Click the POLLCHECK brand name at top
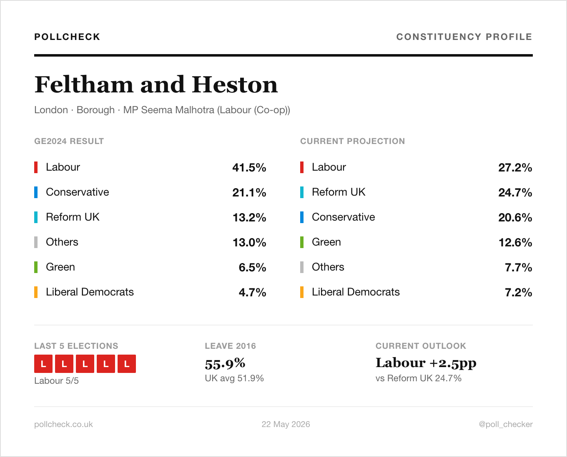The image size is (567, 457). coord(67,37)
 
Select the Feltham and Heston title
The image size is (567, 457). coord(156,84)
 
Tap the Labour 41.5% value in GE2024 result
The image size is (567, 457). coord(249,167)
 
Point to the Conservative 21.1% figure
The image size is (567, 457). coord(249,192)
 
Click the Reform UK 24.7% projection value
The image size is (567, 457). coord(515,192)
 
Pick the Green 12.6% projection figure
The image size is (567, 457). coord(515,242)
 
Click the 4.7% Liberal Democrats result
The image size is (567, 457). coord(252,292)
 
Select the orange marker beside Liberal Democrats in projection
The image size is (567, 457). coord(302,292)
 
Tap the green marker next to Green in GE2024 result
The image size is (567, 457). coord(36,267)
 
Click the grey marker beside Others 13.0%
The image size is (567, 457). coord(36,242)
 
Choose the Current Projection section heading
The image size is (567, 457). coord(352,141)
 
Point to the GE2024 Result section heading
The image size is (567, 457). coord(69,141)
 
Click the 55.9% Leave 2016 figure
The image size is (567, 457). coord(225,363)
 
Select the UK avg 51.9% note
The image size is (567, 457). coord(234,378)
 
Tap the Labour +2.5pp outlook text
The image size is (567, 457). coord(426,363)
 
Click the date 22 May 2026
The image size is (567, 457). coord(286,424)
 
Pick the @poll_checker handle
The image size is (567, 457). coord(506,424)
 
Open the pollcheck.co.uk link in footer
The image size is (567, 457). coord(63,424)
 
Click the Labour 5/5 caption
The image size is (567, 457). coord(56,381)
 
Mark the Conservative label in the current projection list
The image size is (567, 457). coord(344,217)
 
